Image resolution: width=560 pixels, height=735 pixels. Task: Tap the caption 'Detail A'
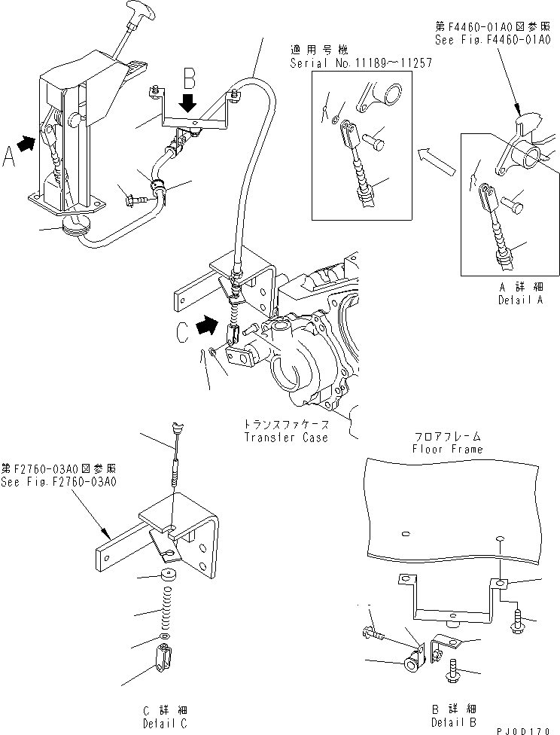tap(520, 299)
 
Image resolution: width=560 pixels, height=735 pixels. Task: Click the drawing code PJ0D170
tap(528, 729)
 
